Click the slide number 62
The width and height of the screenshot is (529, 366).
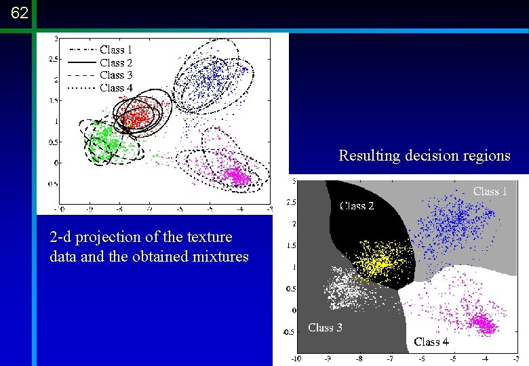pyautogui.click(x=20, y=13)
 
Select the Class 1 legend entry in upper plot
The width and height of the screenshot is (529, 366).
pyautogui.click(x=115, y=49)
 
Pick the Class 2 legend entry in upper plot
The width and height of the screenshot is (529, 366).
pyautogui.click(x=115, y=62)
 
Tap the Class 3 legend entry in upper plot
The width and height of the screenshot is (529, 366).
pyautogui.click(x=115, y=75)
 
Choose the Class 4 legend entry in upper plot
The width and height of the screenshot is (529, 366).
pyautogui.click(x=115, y=87)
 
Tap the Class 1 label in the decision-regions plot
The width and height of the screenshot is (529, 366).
pyautogui.click(x=490, y=192)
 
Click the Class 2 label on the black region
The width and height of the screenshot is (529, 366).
pyautogui.click(x=357, y=206)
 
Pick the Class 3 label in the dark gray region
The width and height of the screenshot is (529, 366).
pyautogui.click(x=325, y=327)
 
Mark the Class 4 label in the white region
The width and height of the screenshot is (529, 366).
pyautogui.click(x=431, y=342)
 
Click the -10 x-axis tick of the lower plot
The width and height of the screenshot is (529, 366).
pyautogui.click(x=296, y=358)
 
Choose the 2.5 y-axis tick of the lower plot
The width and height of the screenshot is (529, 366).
pyautogui.click(x=290, y=202)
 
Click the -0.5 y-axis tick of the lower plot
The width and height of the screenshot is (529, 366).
pyautogui.click(x=289, y=332)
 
